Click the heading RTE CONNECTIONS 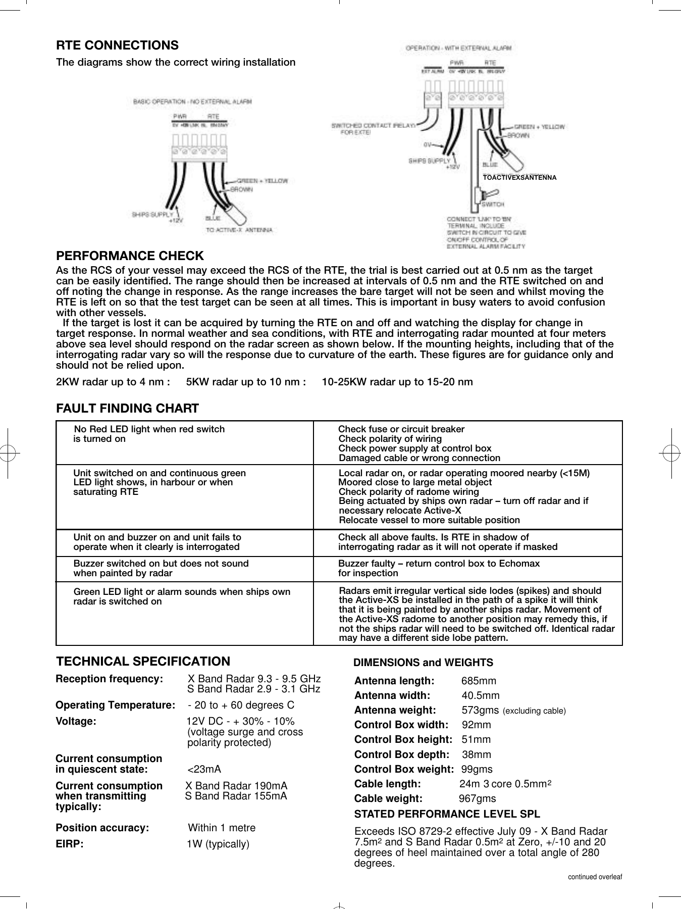pyautogui.click(x=117, y=45)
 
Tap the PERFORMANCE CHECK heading pyautogui.click(x=130, y=256)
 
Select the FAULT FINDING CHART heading pyautogui.click(x=127, y=408)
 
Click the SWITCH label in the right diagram pyautogui.click(x=493, y=205)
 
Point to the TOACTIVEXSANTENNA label pyautogui.click(x=519, y=178)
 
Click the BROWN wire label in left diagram pyautogui.click(x=242, y=189)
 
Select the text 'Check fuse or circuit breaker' pyautogui.click(x=401, y=429)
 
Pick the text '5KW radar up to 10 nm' pyautogui.click(x=246, y=382)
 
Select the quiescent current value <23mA pyautogui.click(x=204, y=769)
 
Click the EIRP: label pyautogui.click(x=70, y=844)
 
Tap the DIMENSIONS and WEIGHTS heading pyautogui.click(x=423, y=663)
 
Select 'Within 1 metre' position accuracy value pyautogui.click(x=222, y=828)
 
